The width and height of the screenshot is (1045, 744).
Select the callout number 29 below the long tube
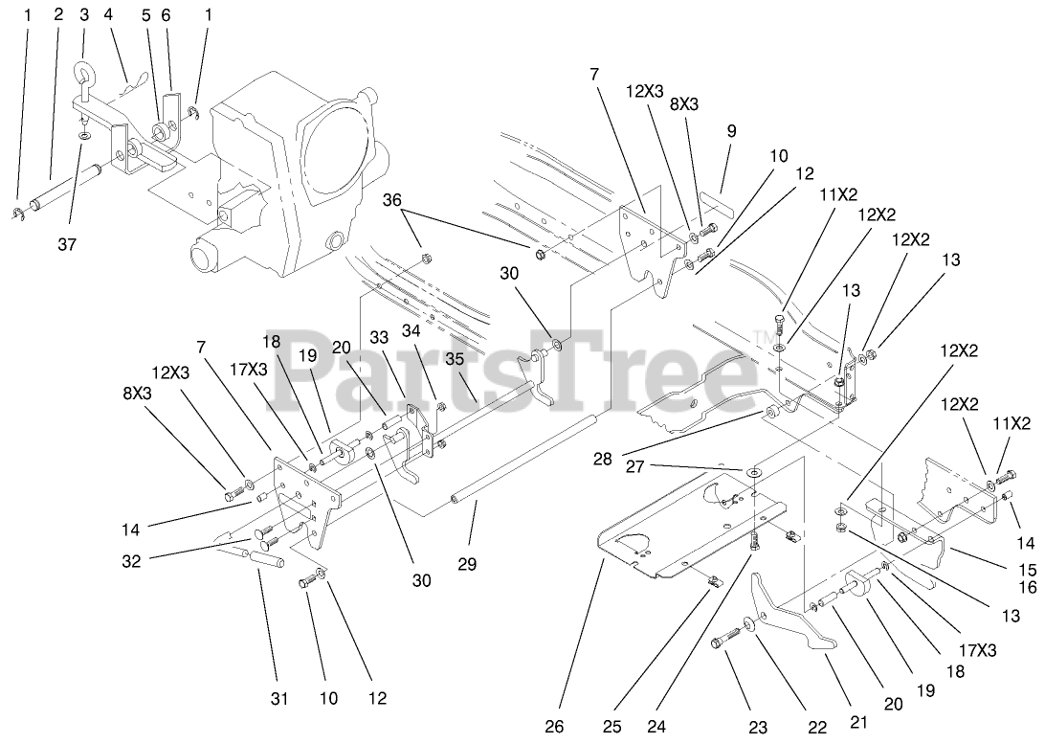coord(468,566)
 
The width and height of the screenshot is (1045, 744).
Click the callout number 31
coord(278,698)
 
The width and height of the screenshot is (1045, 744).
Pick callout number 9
coord(731,131)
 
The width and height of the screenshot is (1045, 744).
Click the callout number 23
coord(758,727)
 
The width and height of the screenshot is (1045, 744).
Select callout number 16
coord(1027,588)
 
